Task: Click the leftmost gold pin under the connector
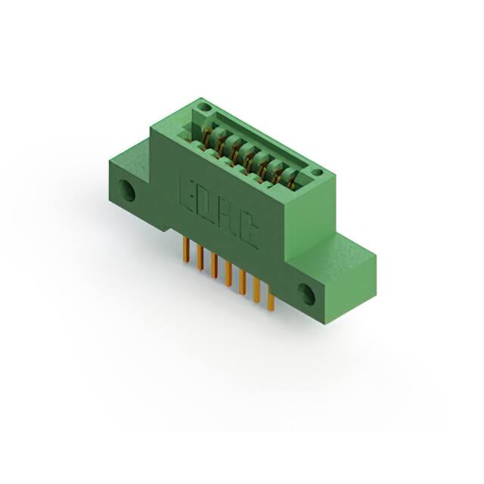[x=187, y=250]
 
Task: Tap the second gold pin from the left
[x=200, y=259]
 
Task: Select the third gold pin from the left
[x=214, y=265]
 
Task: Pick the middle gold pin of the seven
[x=228, y=274]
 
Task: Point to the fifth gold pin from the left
[x=242, y=281]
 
